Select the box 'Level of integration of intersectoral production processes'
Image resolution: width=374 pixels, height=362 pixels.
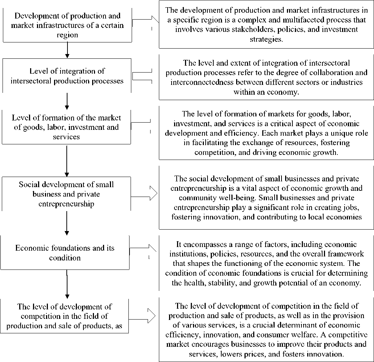67,76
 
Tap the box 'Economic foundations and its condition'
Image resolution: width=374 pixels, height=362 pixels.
65,253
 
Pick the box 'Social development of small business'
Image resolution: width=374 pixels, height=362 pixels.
66,194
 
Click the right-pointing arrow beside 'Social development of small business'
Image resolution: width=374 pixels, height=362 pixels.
145,193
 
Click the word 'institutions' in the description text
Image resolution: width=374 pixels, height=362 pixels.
197,254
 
